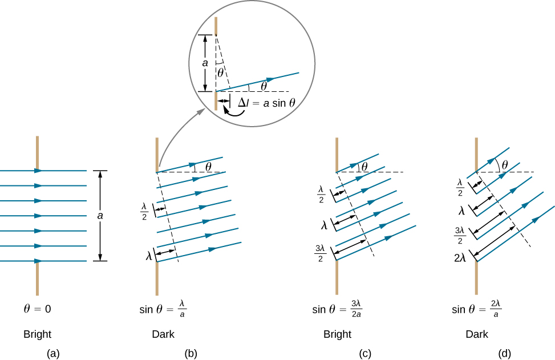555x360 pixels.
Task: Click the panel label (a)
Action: click(53, 354)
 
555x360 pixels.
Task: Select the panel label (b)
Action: click(191, 354)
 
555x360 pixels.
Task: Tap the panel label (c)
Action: click(365, 354)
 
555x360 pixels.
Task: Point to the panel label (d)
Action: click(504, 354)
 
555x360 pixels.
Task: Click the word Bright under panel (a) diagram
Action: click(37, 334)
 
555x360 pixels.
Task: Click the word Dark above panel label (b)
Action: click(163, 334)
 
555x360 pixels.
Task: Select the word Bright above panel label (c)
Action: click(337, 334)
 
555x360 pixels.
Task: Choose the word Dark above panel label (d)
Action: click(477, 334)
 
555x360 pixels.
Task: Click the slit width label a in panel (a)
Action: click(100, 216)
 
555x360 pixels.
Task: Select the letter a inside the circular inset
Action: click(205, 64)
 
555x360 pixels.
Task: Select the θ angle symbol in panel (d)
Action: click(504, 164)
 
